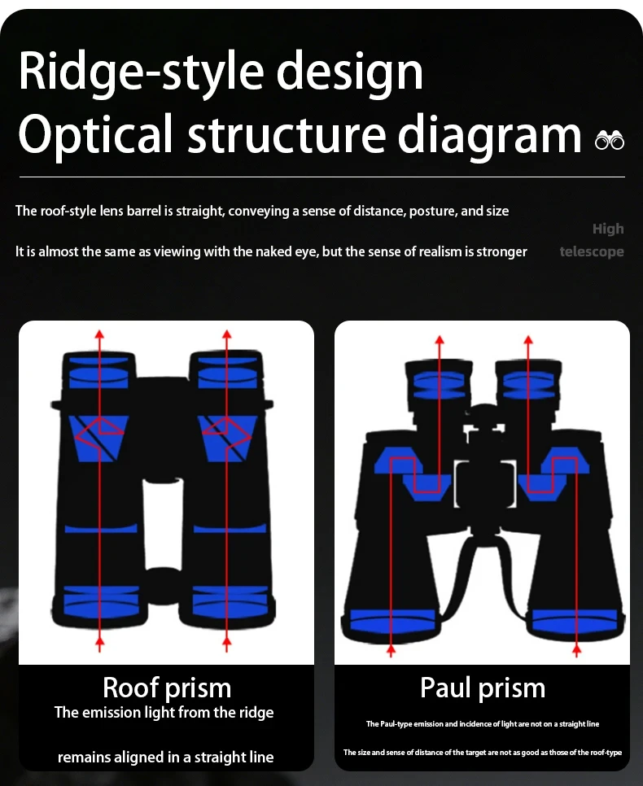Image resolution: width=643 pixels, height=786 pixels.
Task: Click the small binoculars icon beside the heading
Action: click(610, 140)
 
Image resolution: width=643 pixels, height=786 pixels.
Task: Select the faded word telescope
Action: click(592, 251)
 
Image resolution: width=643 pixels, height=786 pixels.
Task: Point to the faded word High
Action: click(608, 229)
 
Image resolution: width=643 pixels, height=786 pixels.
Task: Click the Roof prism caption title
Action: click(167, 688)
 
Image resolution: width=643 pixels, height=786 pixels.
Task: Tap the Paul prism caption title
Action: click(483, 688)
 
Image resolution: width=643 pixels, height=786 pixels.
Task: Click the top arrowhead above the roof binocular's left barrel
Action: click(100, 333)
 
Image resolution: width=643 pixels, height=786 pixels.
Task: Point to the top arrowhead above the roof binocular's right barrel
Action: click(226, 333)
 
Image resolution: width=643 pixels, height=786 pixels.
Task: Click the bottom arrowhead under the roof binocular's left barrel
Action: click(100, 643)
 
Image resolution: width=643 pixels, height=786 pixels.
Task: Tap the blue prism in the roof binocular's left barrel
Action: click(100, 438)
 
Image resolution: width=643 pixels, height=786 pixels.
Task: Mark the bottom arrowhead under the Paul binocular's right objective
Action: click(577, 648)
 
